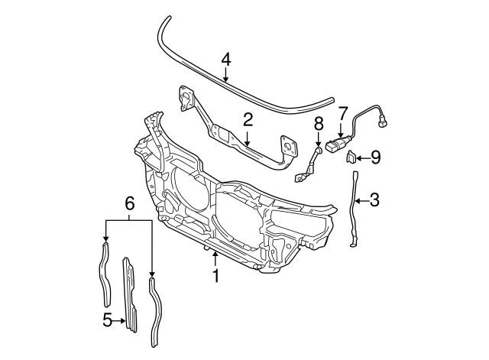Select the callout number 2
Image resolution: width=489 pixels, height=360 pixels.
click(x=248, y=118)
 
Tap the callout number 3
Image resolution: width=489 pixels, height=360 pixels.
click(x=374, y=200)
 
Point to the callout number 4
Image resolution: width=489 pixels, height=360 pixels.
click(x=225, y=59)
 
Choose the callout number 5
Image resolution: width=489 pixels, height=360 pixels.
click(x=107, y=320)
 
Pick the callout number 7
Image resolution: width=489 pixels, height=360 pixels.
click(x=342, y=112)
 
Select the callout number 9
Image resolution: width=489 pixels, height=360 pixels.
click(x=375, y=158)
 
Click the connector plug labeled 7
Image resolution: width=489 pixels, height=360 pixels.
click(x=336, y=144)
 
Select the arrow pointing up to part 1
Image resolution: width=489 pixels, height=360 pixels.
click(x=215, y=258)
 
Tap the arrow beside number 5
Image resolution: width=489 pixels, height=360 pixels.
click(x=120, y=320)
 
